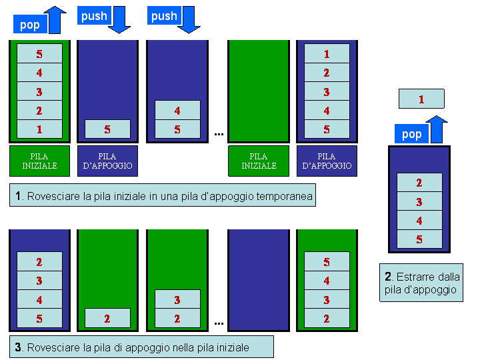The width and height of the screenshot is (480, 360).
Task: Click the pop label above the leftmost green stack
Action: [x=30, y=25]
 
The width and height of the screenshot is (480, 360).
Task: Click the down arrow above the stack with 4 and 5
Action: [x=189, y=19]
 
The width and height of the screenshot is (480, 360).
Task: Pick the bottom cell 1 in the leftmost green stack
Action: [x=39, y=129]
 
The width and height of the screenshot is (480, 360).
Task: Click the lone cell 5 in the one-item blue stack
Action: [x=107, y=129]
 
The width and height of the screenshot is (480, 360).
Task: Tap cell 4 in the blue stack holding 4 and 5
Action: [x=177, y=111]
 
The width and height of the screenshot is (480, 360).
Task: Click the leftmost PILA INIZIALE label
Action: [x=39, y=161]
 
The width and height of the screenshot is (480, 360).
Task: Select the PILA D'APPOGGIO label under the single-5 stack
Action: [x=107, y=161]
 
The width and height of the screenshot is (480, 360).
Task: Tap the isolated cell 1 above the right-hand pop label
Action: [x=421, y=99]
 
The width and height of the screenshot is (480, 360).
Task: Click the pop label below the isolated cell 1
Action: [x=412, y=134]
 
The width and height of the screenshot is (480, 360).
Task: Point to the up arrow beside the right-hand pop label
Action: [x=437, y=128]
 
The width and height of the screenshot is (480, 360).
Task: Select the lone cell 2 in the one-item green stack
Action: [x=107, y=319]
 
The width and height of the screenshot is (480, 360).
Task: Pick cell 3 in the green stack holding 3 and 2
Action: [x=177, y=300]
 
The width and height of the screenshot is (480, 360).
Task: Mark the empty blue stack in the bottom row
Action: [x=259, y=280]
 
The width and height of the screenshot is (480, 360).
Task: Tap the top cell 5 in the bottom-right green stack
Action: [x=327, y=263]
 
